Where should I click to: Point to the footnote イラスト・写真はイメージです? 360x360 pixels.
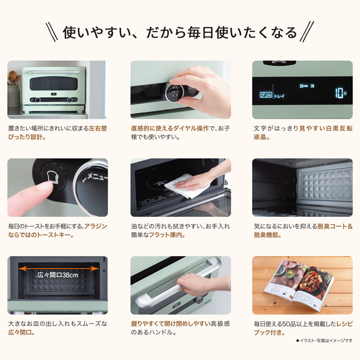click(x=324, y=341)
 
